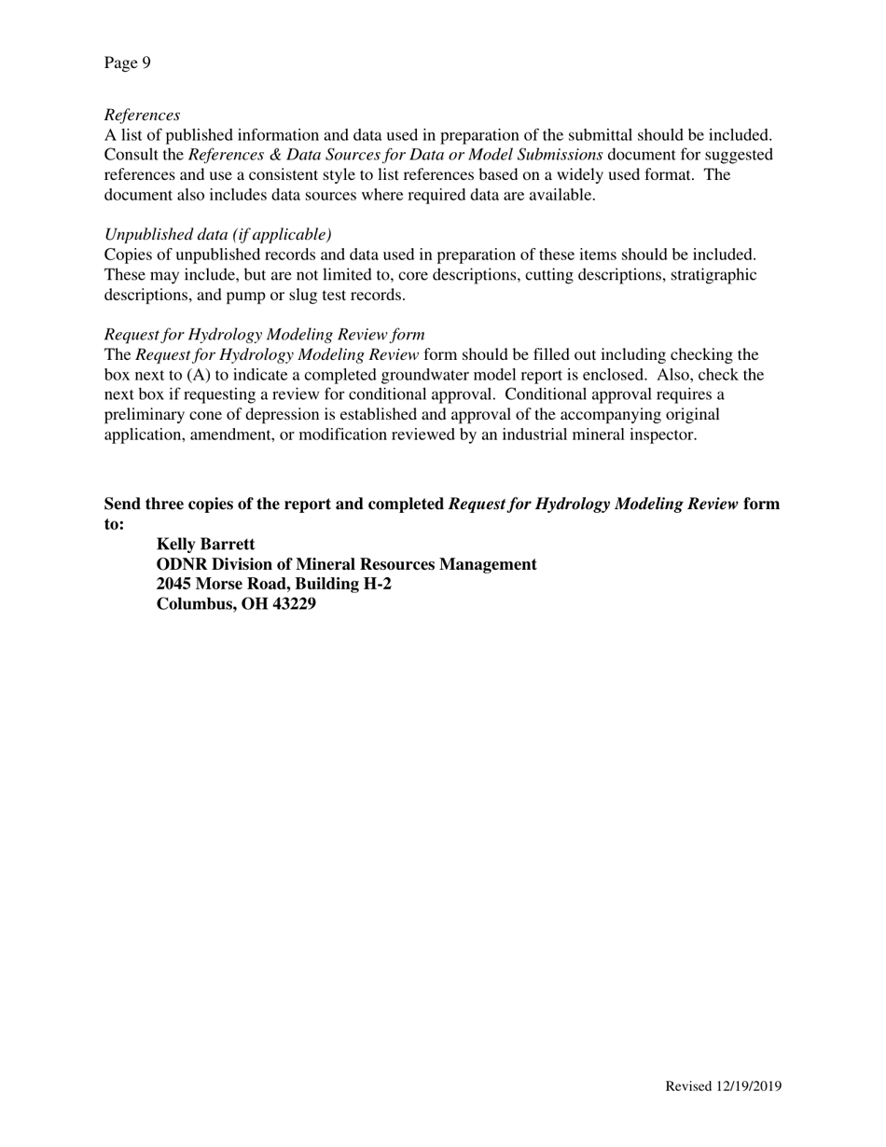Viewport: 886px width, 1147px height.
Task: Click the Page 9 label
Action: pos(127,62)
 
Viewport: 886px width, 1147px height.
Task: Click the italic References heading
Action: pos(142,115)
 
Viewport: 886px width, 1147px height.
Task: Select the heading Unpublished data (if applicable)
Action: pos(217,234)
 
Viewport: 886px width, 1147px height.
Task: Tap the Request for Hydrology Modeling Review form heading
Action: pos(264,334)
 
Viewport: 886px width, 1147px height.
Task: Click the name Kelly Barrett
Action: pos(205,544)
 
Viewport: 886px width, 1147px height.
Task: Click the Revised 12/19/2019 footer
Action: pos(723,1085)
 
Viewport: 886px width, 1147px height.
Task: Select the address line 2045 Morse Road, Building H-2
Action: pos(273,584)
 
